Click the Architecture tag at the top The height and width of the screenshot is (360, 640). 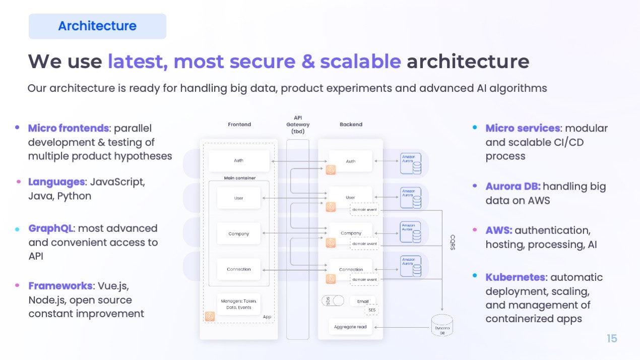pyautogui.click(x=97, y=26)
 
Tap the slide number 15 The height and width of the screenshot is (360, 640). pyautogui.click(x=612, y=338)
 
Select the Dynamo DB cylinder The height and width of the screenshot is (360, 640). pyautogui.click(x=442, y=326)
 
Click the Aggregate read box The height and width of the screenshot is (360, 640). pyautogui.click(x=350, y=327)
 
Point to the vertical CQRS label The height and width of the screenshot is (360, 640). pyautogui.click(x=452, y=243)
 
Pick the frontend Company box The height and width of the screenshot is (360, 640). pyautogui.click(x=238, y=233)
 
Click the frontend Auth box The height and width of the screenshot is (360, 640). pyautogui.click(x=238, y=160)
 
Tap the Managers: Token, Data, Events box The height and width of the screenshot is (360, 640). pyautogui.click(x=239, y=304)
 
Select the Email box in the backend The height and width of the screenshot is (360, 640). pyautogui.click(x=363, y=302)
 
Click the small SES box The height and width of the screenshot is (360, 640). pyautogui.click(x=372, y=310)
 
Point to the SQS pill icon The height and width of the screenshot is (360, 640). pyautogui.click(x=333, y=301)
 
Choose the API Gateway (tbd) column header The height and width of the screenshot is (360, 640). pyautogui.click(x=298, y=125)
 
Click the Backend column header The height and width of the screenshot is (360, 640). pyautogui.click(x=351, y=125)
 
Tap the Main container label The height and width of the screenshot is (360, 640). pyautogui.click(x=239, y=178)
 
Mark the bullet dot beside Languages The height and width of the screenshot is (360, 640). pyautogui.click(x=18, y=182)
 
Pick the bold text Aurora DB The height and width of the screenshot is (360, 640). pyautogui.click(x=513, y=187)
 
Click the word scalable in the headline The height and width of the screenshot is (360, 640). pyautogui.click(x=360, y=62)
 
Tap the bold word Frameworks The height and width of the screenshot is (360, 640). pyautogui.click(x=60, y=286)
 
